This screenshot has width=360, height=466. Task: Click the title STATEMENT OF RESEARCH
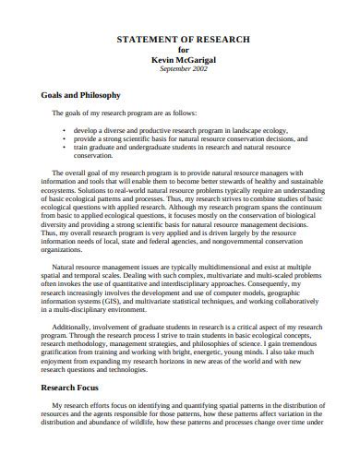[181, 40]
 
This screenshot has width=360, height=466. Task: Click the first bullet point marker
[64, 131]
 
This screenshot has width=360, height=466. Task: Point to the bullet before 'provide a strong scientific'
[64, 139]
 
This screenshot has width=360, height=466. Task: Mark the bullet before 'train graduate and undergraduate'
[64, 147]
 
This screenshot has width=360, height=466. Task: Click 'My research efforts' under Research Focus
[81, 431]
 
